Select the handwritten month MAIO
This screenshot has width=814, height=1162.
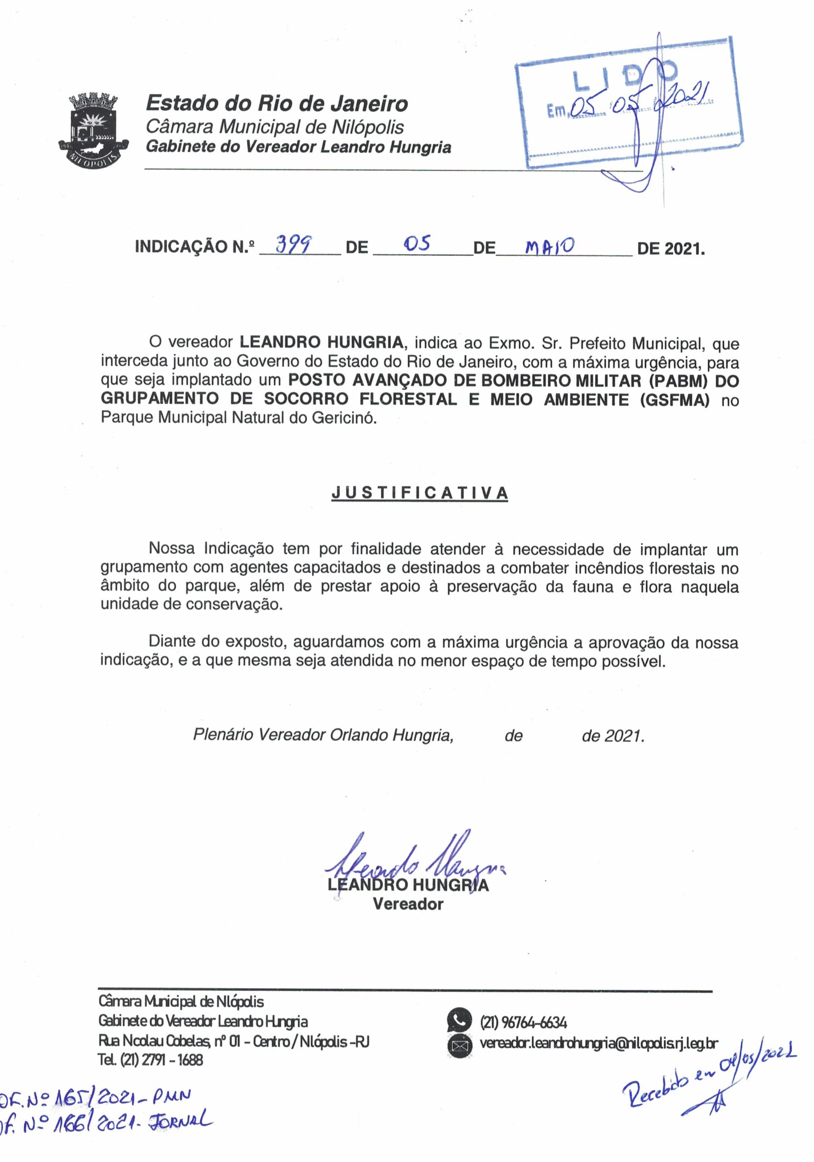click(x=549, y=246)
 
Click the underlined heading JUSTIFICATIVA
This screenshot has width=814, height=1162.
click(x=419, y=493)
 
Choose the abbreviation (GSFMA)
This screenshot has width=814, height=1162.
click(x=674, y=400)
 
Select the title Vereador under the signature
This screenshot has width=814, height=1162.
click(x=408, y=904)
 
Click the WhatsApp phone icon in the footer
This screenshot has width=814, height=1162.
click(x=459, y=1021)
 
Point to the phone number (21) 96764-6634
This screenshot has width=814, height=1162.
click(x=523, y=1022)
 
